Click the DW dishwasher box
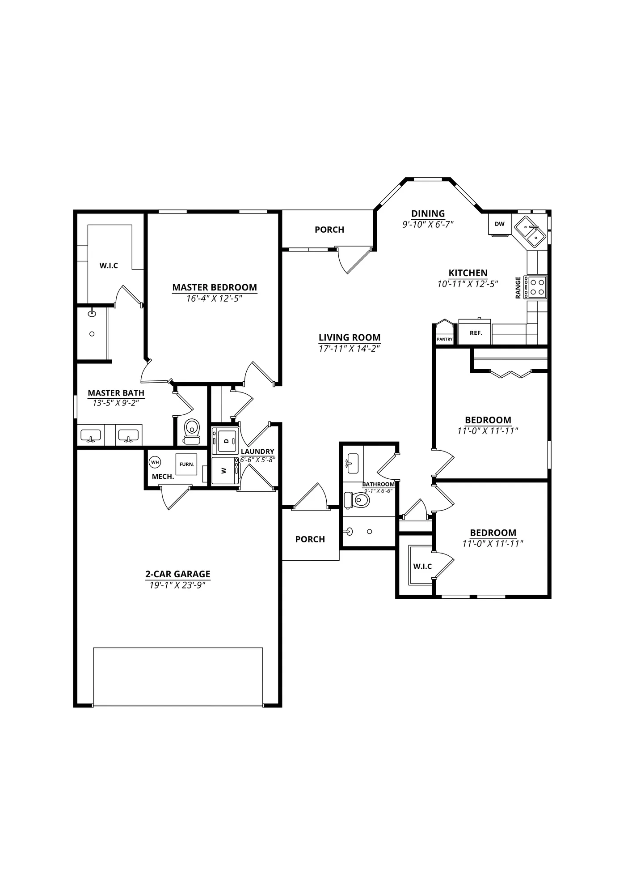499,224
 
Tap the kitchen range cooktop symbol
535,287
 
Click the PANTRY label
445,339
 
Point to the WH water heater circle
155,462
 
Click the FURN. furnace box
186,465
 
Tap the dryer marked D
225,441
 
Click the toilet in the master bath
192,431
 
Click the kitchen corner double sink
530,230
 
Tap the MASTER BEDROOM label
215,287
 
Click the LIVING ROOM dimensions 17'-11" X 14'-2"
350,349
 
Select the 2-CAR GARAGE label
178,574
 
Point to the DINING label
428,213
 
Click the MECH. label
163,477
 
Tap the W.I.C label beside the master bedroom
109,266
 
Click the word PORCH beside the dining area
329,230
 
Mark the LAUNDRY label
257,452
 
